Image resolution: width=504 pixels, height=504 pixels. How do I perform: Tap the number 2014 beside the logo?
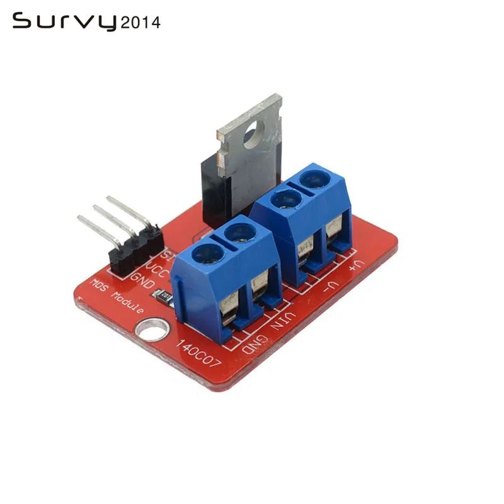point(140,23)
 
